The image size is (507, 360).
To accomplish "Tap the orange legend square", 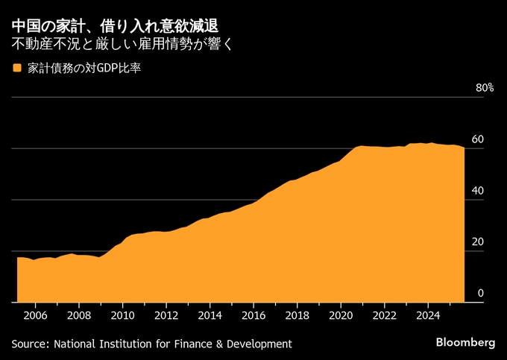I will pos(16,69).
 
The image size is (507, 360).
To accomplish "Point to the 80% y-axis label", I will pos(485,88).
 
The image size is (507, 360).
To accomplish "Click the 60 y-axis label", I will pos(478,139).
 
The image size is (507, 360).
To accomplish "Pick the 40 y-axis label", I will pos(478,191).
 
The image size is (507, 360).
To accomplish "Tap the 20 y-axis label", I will pos(478,241).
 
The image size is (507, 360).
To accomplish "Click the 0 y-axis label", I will pos(481,293).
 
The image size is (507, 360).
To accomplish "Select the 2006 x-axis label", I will pos(35,315).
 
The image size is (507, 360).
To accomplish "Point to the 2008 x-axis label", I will pos(79,315).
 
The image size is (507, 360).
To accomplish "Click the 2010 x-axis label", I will pos(122,315).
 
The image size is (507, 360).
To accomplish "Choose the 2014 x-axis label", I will pos(210,315).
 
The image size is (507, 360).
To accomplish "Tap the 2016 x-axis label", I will pos(253,315).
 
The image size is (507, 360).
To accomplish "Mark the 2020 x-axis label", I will pos(341,315).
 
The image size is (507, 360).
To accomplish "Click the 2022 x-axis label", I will pos(385,315).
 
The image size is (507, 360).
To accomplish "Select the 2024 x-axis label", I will pos(428,315).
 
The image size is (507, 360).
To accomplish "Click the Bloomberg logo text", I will pos(465,342).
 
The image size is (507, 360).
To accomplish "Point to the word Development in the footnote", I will pos(256,344).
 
